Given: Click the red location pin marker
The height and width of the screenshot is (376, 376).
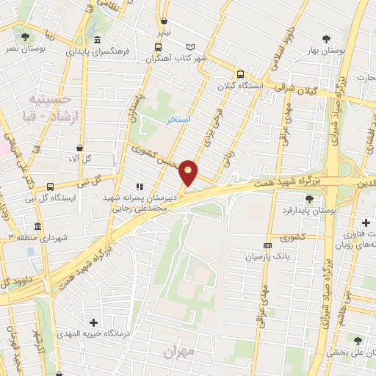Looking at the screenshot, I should (x=189, y=173).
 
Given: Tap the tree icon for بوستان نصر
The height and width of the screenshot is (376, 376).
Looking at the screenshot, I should (x=26, y=36).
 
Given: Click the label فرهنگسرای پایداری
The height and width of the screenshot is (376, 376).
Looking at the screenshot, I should (x=98, y=52).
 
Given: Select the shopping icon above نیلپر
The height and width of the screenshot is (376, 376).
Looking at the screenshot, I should (x=164, y=21).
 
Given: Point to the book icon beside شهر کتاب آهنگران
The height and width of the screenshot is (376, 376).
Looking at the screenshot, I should (x=191, y=46).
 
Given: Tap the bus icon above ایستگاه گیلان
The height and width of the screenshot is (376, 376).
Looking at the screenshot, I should (x=241, y=74).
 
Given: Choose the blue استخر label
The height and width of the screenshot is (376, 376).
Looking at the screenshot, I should (x=177, y=119).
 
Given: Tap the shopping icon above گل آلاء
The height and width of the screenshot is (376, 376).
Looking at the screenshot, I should (x=79, y=148).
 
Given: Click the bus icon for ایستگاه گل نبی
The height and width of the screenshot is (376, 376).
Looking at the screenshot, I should (x=50, y=187).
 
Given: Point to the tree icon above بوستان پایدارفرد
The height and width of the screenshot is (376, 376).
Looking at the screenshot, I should (x=309, y=198).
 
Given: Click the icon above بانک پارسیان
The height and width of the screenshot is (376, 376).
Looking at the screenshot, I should (x=267, y=245).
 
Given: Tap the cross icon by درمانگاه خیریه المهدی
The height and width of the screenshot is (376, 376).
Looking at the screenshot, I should (x=93, y=322).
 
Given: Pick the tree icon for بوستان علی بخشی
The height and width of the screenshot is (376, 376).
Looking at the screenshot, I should (x=358, y=340).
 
